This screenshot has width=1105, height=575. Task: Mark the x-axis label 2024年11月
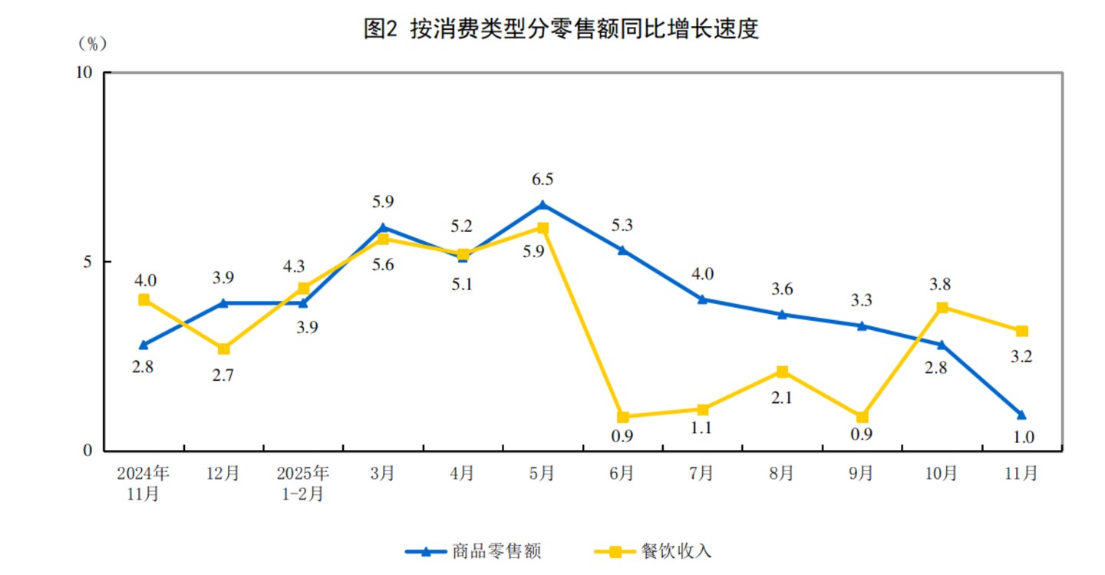[x=143, y=483]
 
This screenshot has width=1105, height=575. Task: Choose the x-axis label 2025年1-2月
[x=302, y=483]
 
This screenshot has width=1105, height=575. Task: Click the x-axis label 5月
[x=542, y=474]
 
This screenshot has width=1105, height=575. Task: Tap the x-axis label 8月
[x=782, y=474]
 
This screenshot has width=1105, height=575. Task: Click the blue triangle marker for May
[x=543, y=205]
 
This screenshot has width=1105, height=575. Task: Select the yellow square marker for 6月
[x=623, y=417]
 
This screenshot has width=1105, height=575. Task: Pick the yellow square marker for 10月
[x=942, y=308]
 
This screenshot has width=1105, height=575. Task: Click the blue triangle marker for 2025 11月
[x=1021, y=415]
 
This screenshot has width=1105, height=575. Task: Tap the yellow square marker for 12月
[x=223, y=349]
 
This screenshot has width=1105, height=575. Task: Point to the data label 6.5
[x=543, y=180]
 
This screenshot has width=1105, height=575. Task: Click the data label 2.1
[x=782, y=398]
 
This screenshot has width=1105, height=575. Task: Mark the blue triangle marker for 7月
[x=702, y=299]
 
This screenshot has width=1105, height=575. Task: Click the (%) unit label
[x=92, y=44]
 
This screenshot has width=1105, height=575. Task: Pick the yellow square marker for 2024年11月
[x=143, y=300]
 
